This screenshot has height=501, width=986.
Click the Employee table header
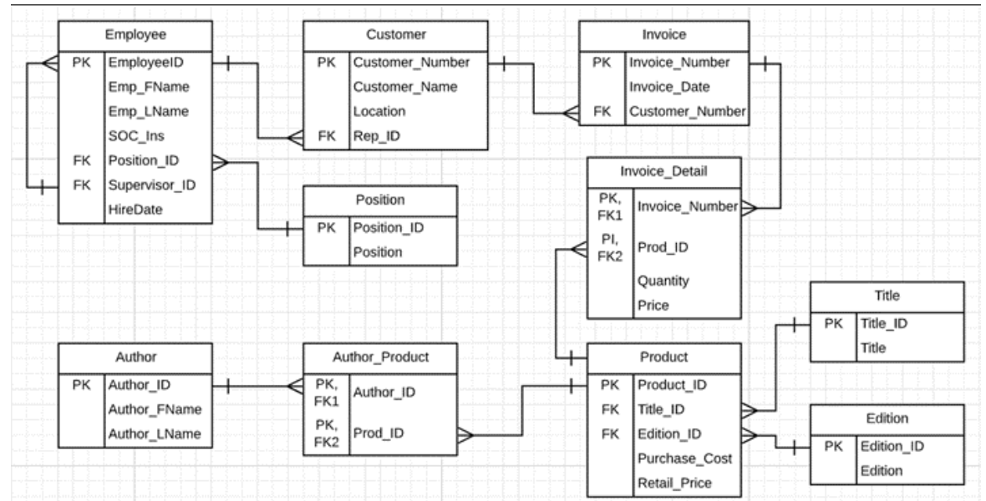pos(135,35)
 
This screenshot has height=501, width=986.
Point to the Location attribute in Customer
pos(379,110)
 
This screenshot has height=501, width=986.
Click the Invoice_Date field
pos(669,86)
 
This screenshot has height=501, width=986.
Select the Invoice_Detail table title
pos(663,172)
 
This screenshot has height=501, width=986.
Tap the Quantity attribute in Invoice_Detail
pos(663,281)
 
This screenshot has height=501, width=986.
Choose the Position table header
pos(379,200)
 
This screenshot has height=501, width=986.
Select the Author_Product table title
pos(379,357)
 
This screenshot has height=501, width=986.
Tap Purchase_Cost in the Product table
pos(684,458)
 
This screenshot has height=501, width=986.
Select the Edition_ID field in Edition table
pos(892,446)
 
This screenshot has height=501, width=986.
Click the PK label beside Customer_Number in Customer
pos(326,62)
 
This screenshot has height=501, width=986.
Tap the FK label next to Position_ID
pos(82,160)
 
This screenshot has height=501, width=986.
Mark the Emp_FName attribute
pos(148,86)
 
